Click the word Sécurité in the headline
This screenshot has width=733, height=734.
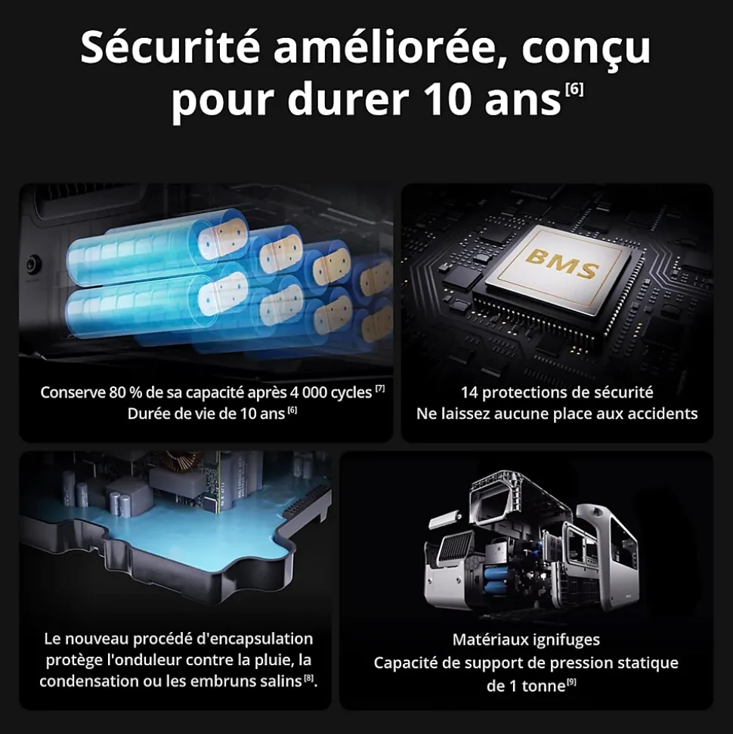click(x=169, y=48)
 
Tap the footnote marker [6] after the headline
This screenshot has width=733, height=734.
click(x=574, y=88)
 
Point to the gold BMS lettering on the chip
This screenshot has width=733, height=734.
click(x=561, y=264)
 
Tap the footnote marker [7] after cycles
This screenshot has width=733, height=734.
click(x=380, y=389)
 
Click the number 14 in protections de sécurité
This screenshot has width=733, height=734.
click(x=469, y=392)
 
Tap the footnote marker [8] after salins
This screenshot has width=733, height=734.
click(x=308, y=677)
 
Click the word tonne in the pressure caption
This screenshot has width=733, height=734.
click(x=543, y=686)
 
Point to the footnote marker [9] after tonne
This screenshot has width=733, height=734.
click(x=571, y=683)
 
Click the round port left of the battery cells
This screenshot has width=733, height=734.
click(x=32, y=265)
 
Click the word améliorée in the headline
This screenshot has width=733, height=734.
click(x=385, y=48)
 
